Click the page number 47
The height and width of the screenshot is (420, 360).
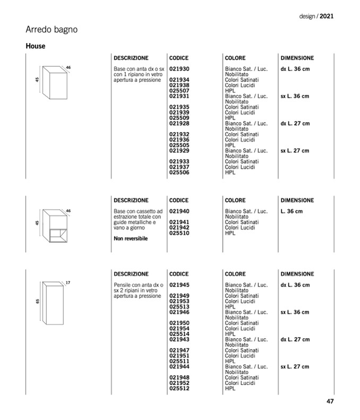[330, 401]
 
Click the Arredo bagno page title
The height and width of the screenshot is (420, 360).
[52, 30]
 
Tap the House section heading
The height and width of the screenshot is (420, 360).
[36, 46]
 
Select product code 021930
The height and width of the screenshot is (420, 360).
[179, 69]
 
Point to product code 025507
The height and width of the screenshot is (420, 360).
[179, 91]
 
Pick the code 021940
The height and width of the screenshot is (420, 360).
[179, 211]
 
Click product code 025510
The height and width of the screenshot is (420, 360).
[179, 233]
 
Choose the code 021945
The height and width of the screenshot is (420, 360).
[179, 285]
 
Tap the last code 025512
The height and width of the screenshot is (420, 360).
[179, 388]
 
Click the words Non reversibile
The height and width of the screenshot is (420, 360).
[131, 239]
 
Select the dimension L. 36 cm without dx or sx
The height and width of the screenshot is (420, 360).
[292, 211]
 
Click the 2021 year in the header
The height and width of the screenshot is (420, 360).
[327, 16]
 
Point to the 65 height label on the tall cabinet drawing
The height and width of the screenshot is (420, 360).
[38, 301]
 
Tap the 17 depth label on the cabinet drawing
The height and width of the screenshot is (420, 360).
[68, 282]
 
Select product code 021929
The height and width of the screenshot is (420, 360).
[179, 151]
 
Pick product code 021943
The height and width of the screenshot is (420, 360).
[179, 339]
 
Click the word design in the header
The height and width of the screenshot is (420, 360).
[307, 16]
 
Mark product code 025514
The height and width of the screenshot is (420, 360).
[179, 334]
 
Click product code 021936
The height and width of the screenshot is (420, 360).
[179, 140]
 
